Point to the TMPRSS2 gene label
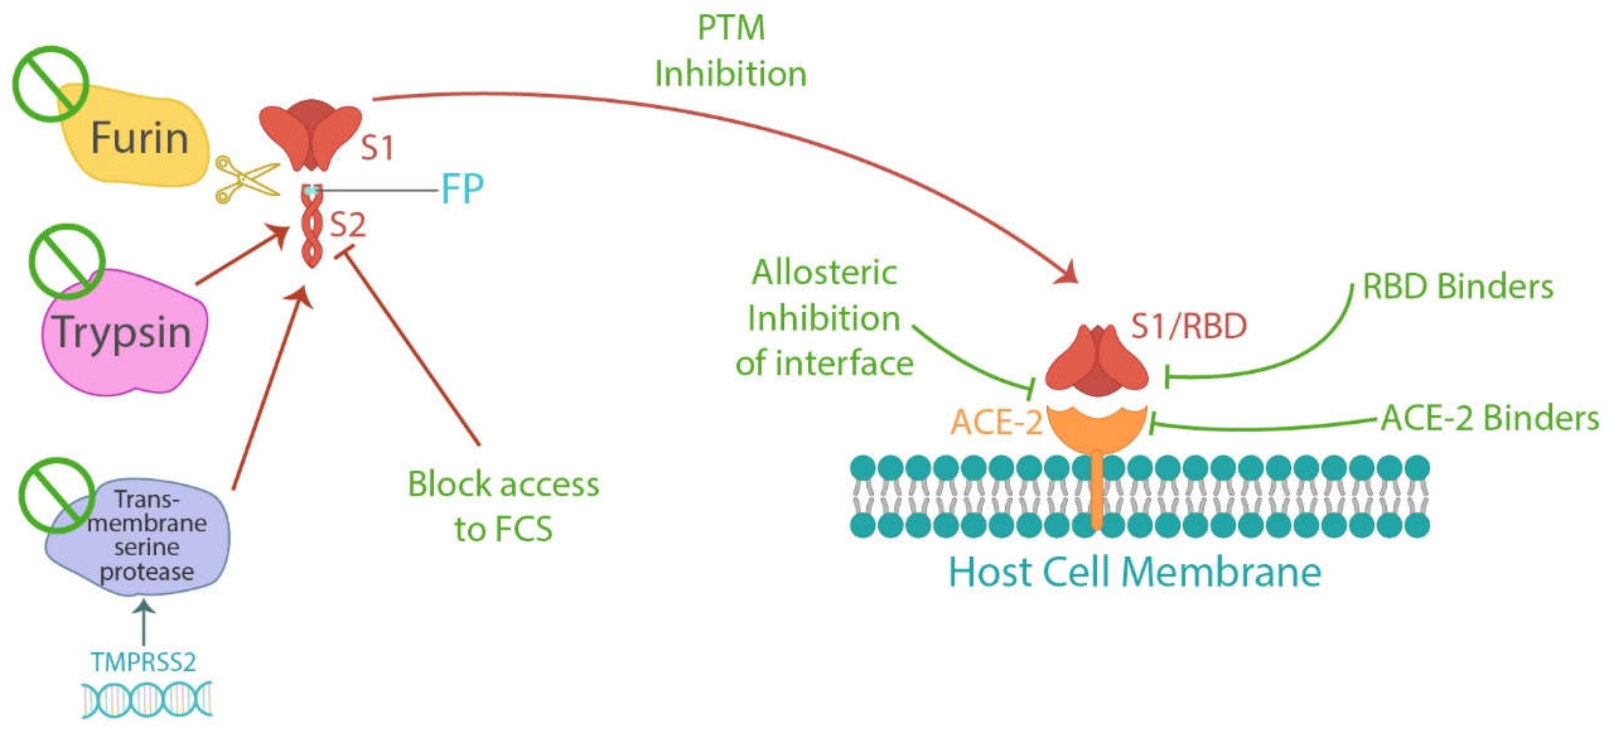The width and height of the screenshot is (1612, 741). click(x=144, y=662)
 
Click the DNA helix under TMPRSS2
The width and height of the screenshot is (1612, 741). click(x=148, y=698)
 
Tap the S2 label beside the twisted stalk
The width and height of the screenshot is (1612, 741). click(x=348, y=225)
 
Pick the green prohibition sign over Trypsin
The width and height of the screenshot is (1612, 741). click(x=67, y=261)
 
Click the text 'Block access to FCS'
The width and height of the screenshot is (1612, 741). click(x=504, y=506)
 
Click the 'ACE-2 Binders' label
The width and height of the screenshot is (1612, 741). click(x=1490, y=418)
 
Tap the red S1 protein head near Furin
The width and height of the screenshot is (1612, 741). click(x=310, y=135)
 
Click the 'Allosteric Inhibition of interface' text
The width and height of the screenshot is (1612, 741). click(x=825, y=318)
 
